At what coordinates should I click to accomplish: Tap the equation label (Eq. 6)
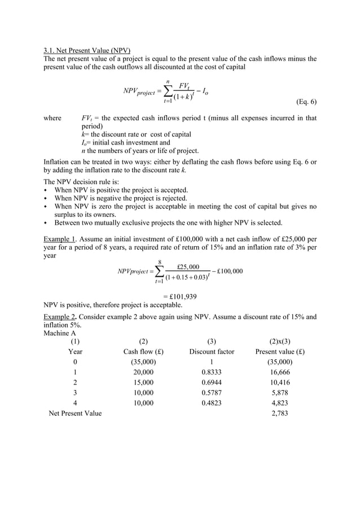301,102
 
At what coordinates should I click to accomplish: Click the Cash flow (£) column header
143,351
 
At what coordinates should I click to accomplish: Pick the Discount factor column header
211,351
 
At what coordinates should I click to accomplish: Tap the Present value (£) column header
280,351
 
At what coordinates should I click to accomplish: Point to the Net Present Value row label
76,413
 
